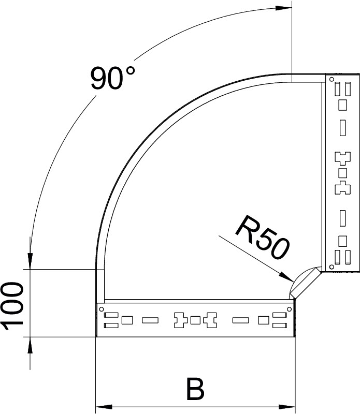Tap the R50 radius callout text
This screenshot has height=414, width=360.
263,238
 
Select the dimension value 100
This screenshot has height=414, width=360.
12,306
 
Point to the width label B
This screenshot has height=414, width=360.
195,389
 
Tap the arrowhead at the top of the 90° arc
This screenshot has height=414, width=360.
283,8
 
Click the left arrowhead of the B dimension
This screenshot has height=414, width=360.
104,406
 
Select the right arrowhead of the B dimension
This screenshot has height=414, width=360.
287,406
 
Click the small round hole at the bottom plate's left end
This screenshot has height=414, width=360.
101,309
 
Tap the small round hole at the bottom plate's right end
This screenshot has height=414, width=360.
290,309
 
